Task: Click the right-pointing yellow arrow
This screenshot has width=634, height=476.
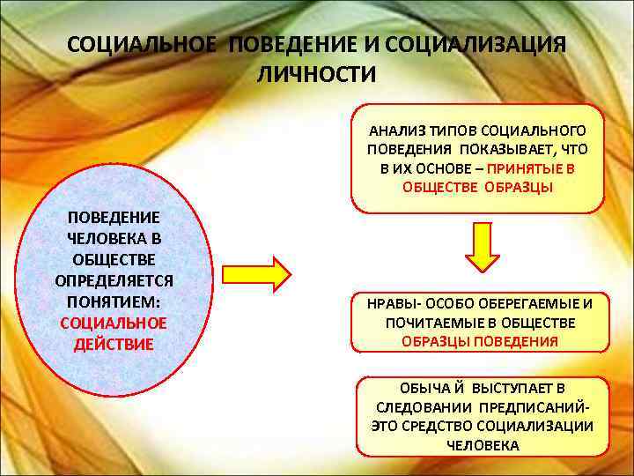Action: pyautogui.click(x=255, y=275)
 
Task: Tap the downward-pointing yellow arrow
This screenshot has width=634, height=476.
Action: pyautogui.click(x=482, y=246)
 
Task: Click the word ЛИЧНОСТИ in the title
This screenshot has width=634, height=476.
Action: pyautogui.click(x=316, y=75)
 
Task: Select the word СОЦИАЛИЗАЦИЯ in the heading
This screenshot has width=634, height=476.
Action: pyautogui.click(x=475, y=45)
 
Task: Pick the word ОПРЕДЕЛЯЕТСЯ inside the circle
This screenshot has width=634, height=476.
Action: pyautogui.click(x=114, y=281)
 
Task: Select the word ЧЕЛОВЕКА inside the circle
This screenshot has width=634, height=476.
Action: pyautogui.click(x=114, y=238)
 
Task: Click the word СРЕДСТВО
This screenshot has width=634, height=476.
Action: pyautogui.click(x=440, y=427)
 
